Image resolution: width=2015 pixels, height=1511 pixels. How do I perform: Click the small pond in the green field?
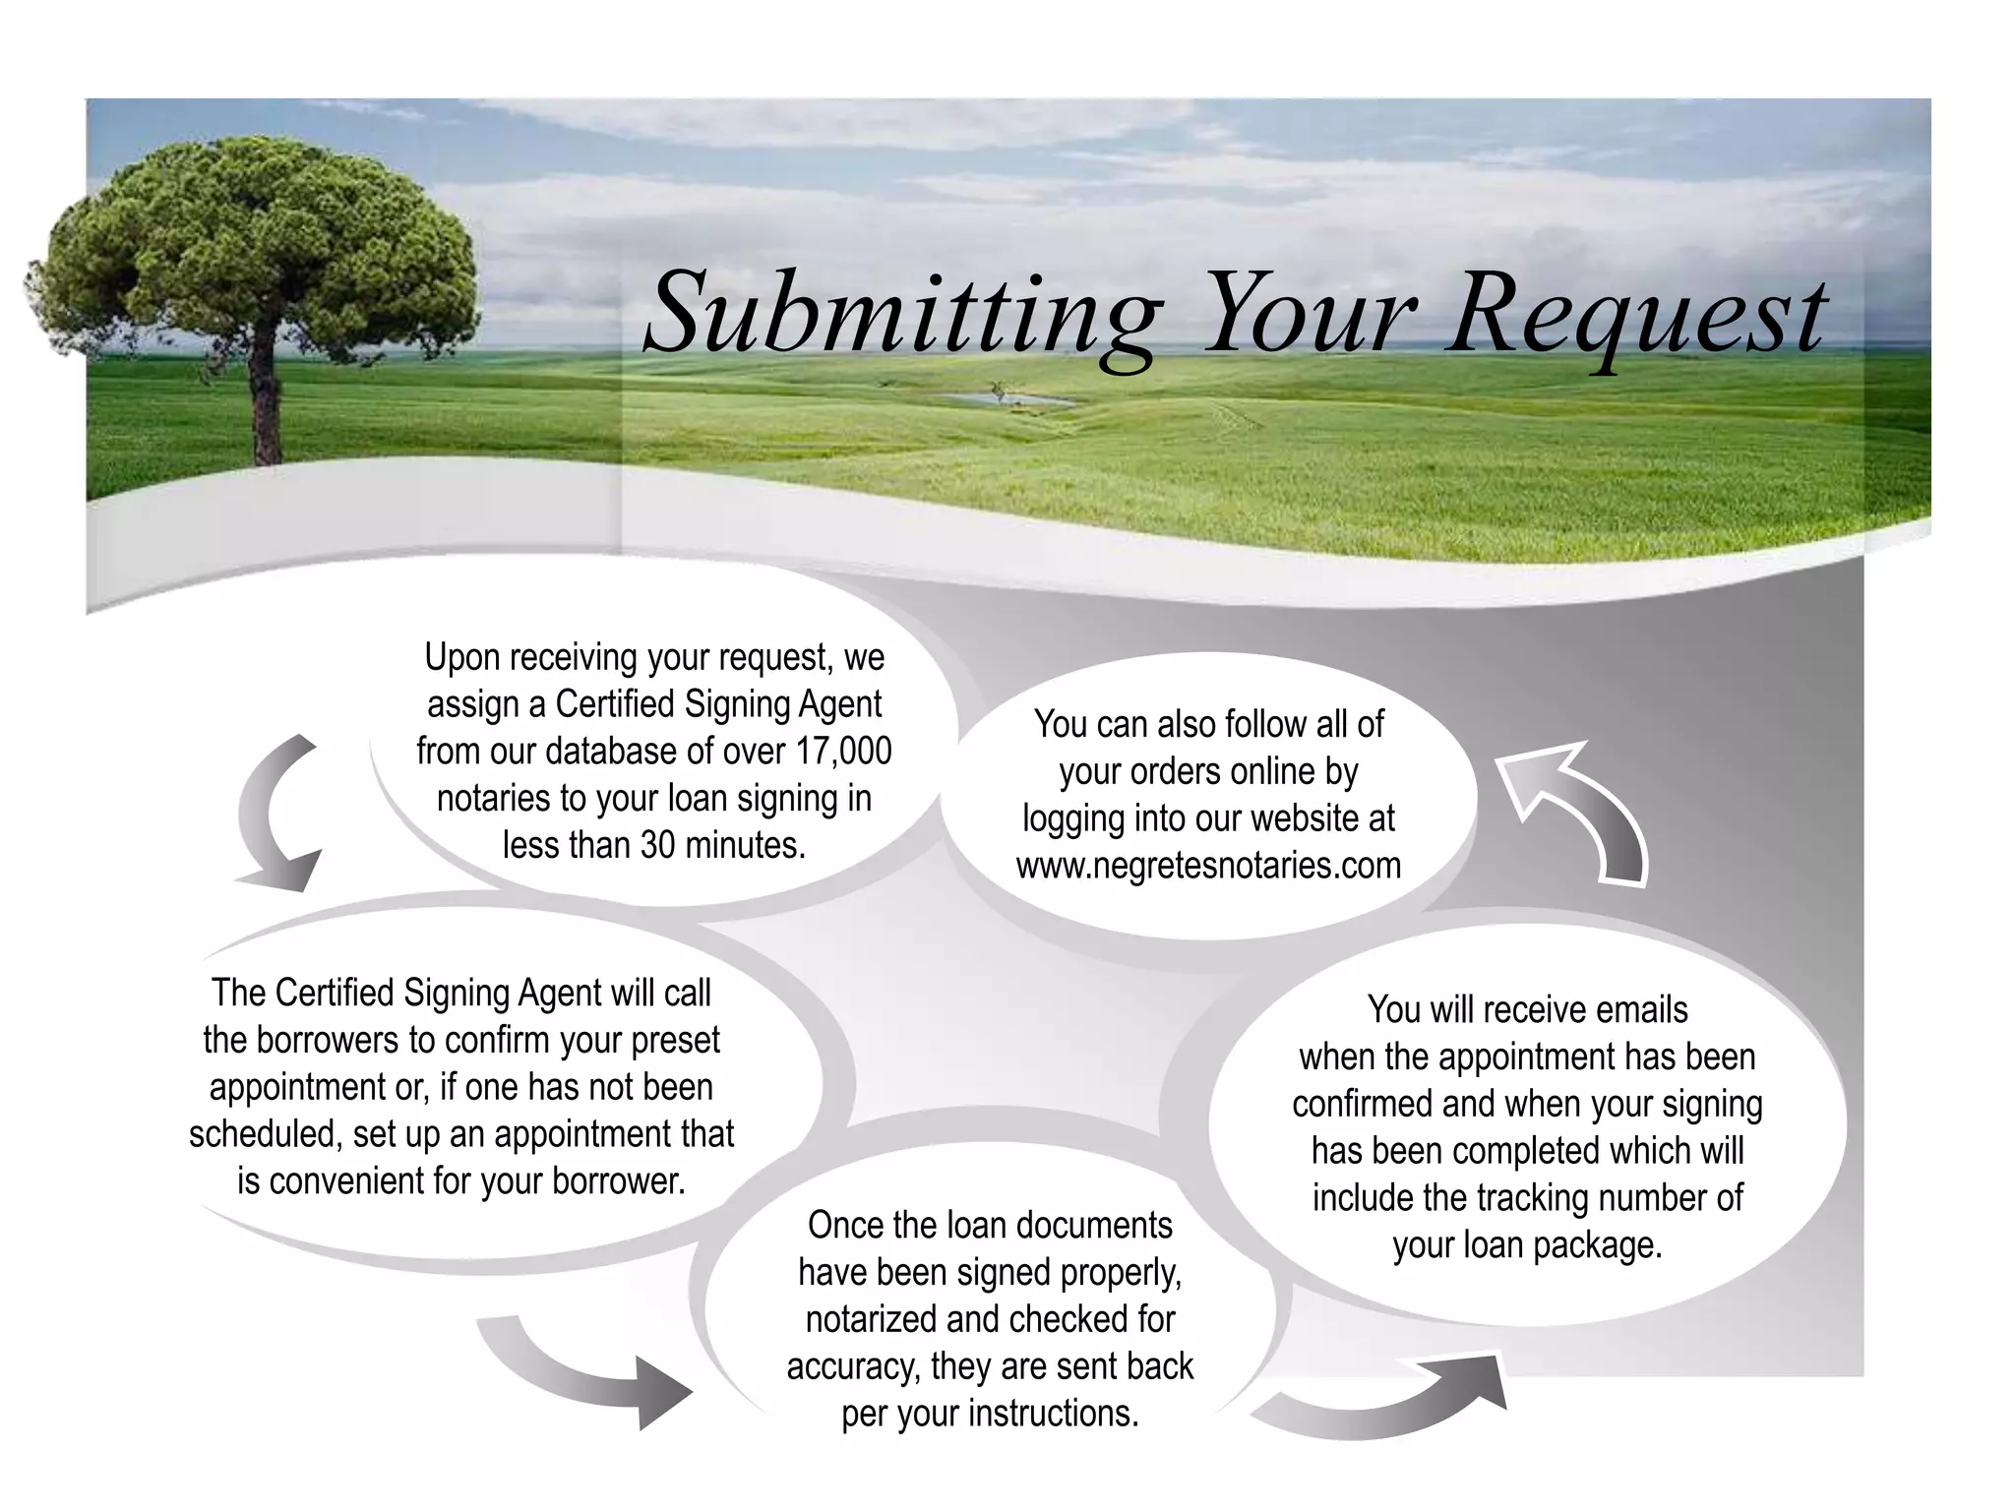coord(1004,399)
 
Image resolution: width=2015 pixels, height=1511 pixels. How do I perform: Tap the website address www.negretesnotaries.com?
coord(1208,866)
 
